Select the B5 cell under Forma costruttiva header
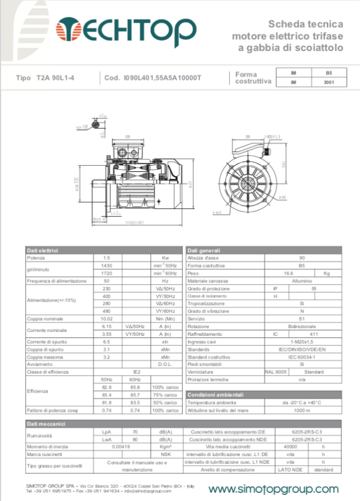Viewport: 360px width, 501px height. pos(328,73)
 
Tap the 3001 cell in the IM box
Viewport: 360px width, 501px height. pos(328,83)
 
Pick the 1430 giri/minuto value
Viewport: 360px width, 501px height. pos(107,266)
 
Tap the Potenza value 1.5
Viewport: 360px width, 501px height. pos(107,258)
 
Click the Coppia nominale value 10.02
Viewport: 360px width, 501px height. pos(107,319)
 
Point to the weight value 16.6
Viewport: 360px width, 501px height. pos(288,273)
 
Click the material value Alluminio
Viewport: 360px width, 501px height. pos(302,281)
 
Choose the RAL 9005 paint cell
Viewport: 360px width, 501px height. pos(275,372)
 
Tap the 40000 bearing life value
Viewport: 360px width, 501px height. pos(291,446)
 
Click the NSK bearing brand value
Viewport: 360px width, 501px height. pos(163,454)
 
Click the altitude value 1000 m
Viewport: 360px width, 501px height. pos(302,410)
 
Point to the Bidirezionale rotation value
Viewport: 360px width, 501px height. pos(302,326)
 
